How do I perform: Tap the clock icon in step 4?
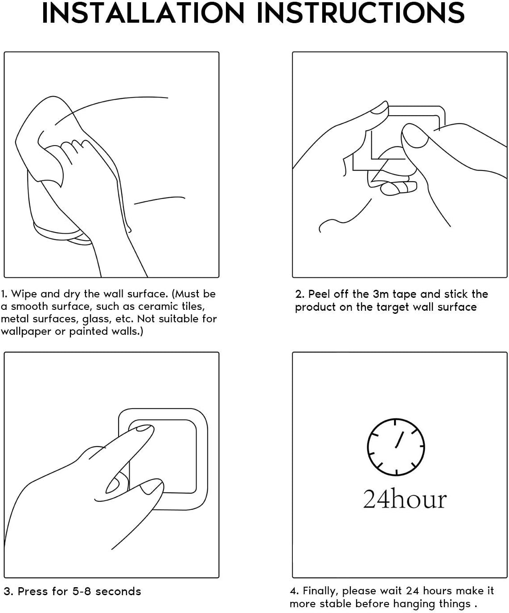coord(395,447)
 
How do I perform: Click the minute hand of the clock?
coord(399,439)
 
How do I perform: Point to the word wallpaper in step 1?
coord(26,332)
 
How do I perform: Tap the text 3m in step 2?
coord(380,294)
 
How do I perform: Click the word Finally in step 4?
coord(320,591)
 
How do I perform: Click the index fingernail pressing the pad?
coord(144,428)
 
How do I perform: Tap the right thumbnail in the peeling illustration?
coord(415,137)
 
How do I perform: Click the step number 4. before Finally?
coord(294,591)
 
